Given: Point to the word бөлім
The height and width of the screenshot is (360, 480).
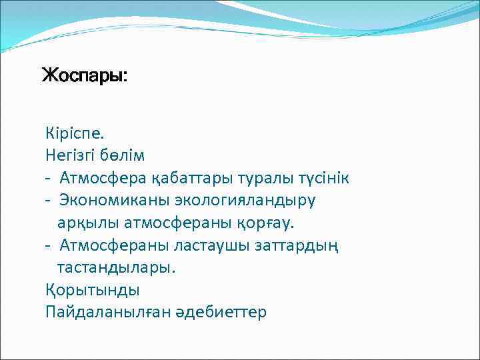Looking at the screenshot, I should pyautogui.click(x=123, y=155).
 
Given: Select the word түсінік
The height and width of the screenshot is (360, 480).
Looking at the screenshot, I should pyautogui.click(x=317, y=178).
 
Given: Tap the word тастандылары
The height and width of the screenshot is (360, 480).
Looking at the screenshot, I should pyautogui.click(x=117, y=267).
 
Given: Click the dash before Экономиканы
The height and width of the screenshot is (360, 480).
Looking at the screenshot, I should pyautogui.click(x=49, y=201).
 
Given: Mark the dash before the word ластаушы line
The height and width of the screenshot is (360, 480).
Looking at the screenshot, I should pyautogui.click(x=49, y=245).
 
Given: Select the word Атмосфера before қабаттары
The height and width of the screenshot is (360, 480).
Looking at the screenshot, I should pyautogui.click(x=99, y=178).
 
